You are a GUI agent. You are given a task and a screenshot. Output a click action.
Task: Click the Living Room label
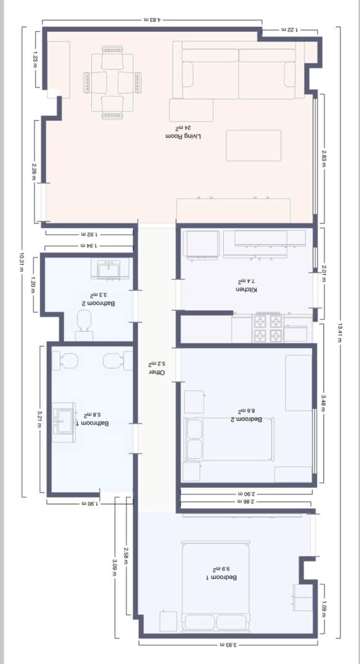click(184, 136)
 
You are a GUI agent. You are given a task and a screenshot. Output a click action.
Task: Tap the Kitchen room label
click(247, 290)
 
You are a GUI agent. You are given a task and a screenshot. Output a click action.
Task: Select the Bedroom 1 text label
click(222, 577)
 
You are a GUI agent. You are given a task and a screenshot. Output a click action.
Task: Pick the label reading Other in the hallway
click(159, 372)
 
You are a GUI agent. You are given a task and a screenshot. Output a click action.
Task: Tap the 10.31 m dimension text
click(21, 263)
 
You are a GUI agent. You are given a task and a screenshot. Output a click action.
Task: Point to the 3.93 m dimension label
click(227, 645)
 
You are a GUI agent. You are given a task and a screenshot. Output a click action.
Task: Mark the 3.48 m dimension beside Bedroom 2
click(324, 399)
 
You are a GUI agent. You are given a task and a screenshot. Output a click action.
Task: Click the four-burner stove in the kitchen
click(268, 328)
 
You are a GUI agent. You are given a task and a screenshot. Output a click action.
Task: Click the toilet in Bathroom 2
click(85, 322)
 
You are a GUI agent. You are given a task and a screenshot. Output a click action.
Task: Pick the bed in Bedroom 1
click(216, 587)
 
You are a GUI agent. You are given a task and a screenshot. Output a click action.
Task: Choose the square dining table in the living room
click(113, 83)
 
